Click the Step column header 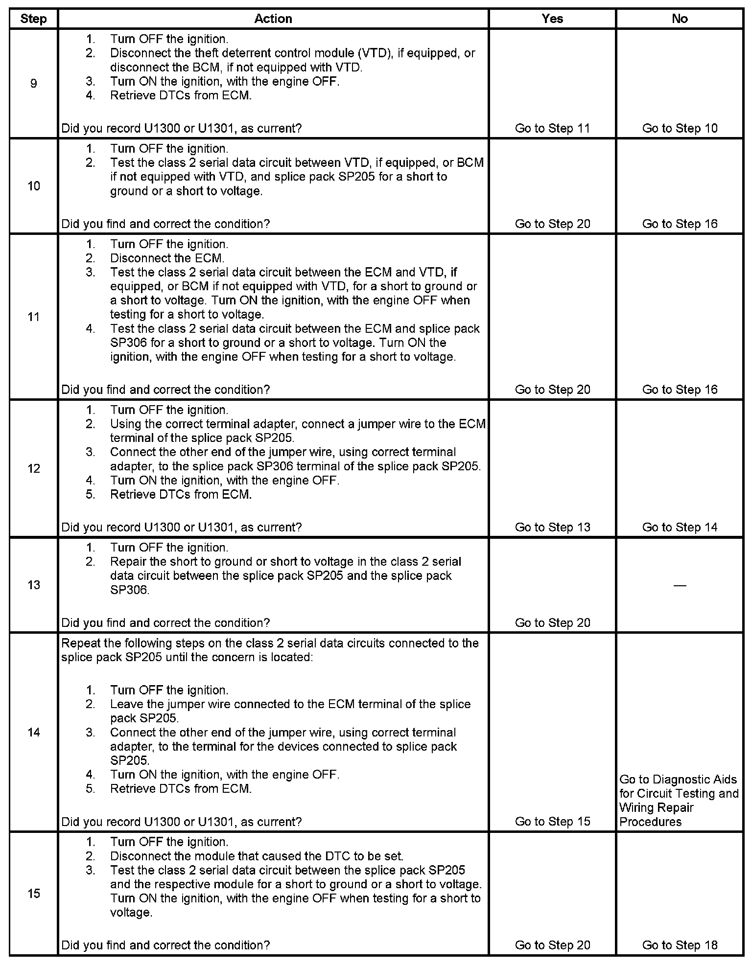point(33,19)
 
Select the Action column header point(273,19)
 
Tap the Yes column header point(552,19)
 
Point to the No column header point(680,19)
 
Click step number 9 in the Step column point(33,83)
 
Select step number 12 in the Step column point(33,469)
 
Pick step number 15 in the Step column point(33,894)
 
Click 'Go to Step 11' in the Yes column point(552,128)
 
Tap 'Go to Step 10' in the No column point(680,128)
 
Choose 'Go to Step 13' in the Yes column point(552,527)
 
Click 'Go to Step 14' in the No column point(680,527)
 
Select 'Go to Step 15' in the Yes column point(552,822)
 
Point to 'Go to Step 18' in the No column point(680,945)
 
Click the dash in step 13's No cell point(680,585)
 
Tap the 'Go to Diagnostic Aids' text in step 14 point(678,780)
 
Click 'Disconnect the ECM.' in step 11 point(167,258)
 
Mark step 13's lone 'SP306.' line point(130,590)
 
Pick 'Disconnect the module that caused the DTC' point(257,856)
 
